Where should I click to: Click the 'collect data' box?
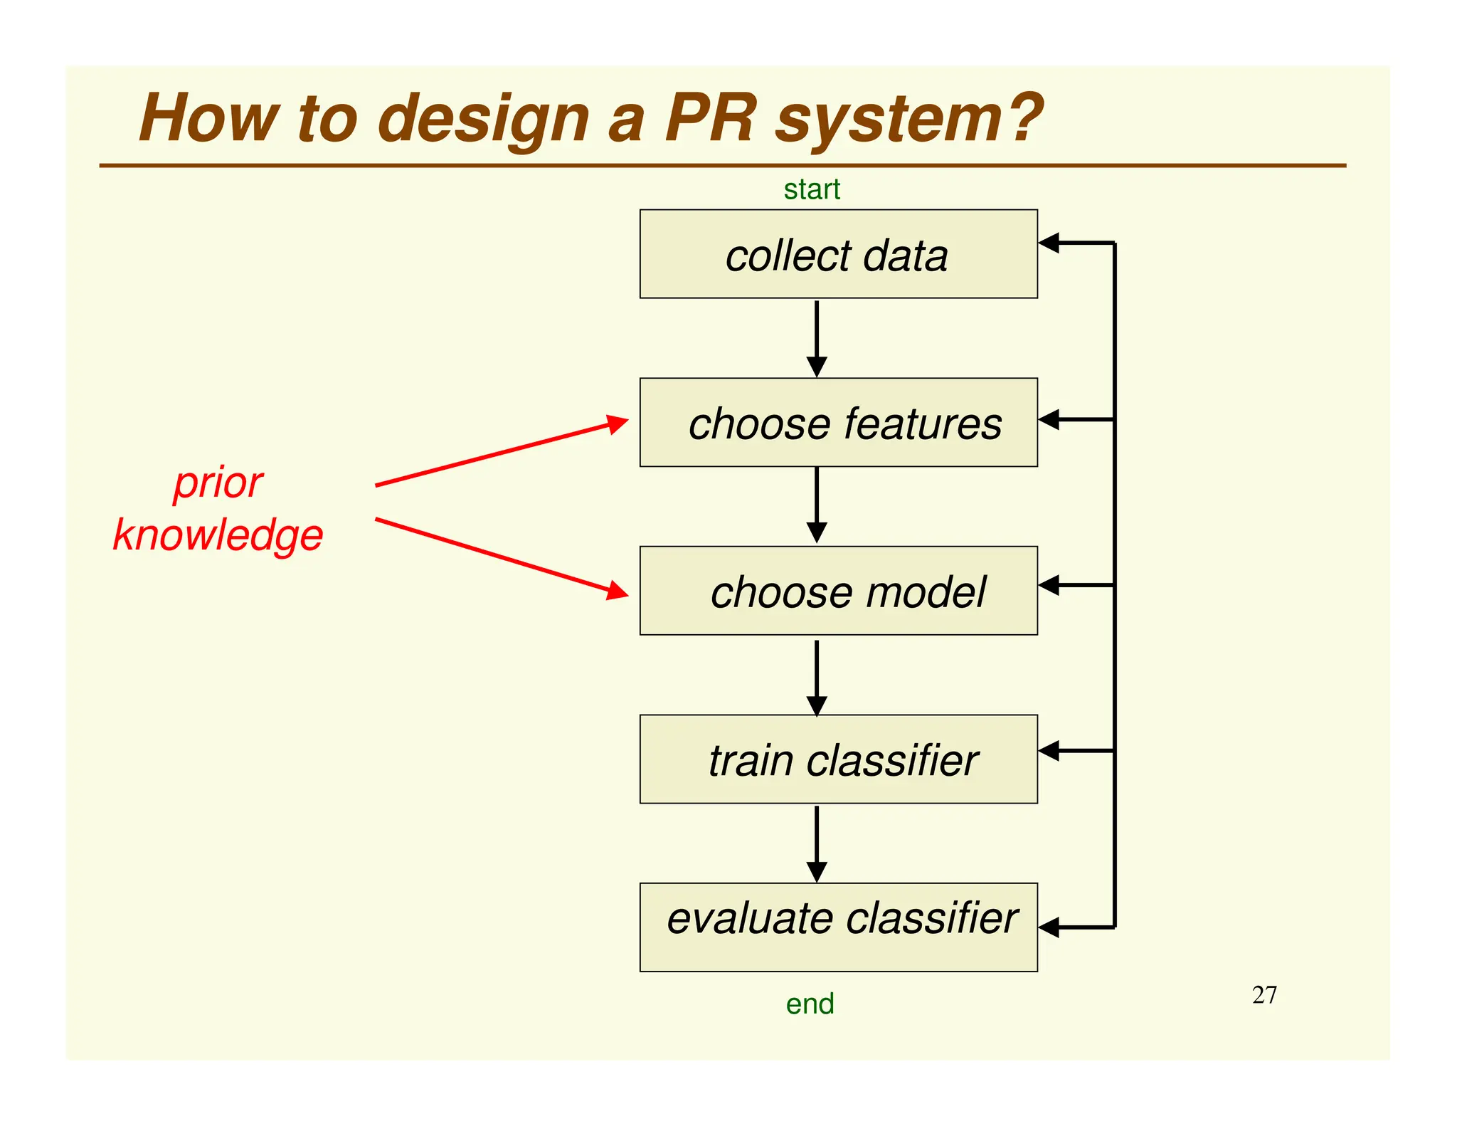[838, 253]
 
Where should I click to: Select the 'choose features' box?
[838, 422]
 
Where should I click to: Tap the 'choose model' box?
[838, 590]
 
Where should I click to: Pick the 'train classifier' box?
[838, 759]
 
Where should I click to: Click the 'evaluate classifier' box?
[838, 927]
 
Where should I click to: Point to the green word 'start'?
[812, 189]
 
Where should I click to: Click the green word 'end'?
[810, 1004]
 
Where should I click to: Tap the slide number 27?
[1264, 994]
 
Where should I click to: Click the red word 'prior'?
[218, 484]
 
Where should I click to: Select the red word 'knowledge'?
[218, 535]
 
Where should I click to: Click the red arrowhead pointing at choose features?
[617, 424]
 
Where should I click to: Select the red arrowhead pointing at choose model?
[617, 591]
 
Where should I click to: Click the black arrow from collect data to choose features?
[817, 338]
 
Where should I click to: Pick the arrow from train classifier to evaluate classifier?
[817, 843]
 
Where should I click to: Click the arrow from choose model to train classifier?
[817, 676]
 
